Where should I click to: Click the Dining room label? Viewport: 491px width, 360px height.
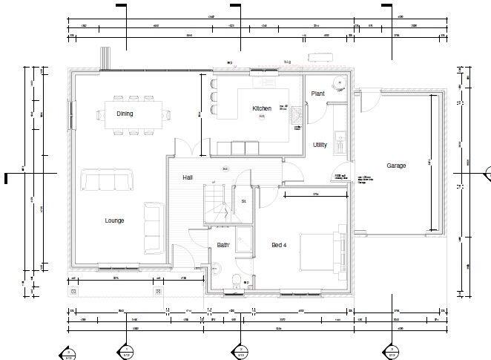[125, 113]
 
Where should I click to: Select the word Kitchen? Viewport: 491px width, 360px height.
[262, 108]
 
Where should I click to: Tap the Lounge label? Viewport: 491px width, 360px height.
[114, 220]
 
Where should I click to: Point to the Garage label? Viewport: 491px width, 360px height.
[396, 166]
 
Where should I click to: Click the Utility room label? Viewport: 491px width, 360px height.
[320, 145]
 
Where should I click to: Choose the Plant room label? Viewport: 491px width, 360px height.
[318, 94]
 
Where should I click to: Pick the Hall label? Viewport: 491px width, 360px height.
[188, 178]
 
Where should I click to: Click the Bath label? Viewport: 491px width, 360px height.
[223, 245]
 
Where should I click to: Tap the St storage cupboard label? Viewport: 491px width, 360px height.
[243, 201]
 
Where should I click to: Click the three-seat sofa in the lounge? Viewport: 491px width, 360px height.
[108, 180]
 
